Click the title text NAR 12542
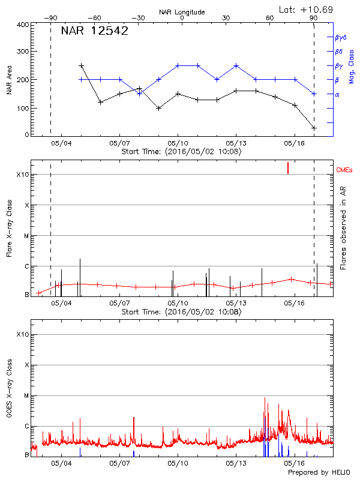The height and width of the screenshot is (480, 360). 94,31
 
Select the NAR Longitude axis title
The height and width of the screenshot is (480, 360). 182,11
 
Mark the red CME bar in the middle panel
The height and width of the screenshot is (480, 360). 288,167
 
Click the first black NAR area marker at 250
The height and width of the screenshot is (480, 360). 81,65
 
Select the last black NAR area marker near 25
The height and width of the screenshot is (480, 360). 314,128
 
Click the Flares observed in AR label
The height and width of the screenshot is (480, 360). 343,228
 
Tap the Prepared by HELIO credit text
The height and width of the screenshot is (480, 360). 319,473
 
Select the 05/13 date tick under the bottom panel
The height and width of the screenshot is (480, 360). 236,464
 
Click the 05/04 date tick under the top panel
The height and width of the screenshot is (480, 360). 61,143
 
